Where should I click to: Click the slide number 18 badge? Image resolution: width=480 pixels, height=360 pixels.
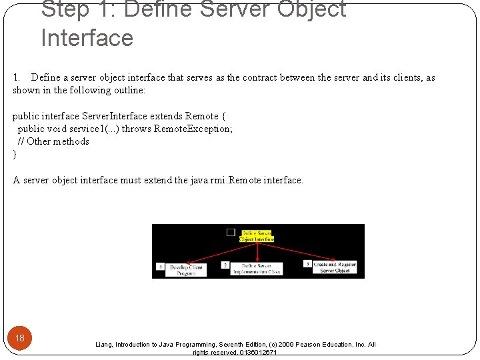[20, 338]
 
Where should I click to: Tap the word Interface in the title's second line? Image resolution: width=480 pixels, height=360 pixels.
[87, 37]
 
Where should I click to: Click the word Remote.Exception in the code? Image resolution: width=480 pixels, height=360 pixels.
[193, 129]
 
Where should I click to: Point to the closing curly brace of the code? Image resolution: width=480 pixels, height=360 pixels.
[15, 154]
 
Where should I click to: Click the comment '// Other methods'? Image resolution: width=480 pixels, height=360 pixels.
[53, 141]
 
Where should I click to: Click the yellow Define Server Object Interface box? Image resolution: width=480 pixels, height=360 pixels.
[257, 236]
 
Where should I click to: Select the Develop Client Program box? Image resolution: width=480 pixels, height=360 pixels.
[186, 269]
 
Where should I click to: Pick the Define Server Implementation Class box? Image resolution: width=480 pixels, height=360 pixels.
[257, 269]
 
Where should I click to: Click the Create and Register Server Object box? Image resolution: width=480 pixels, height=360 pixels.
[335, 267]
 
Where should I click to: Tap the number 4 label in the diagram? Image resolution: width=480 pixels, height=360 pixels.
[160, 266]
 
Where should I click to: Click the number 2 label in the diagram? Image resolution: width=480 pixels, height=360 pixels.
[225, 265]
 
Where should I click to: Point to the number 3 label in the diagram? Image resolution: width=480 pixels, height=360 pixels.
[307, 263]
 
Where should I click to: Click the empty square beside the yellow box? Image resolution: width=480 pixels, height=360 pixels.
[231, 232]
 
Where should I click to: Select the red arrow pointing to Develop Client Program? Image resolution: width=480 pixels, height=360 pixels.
[213, 252]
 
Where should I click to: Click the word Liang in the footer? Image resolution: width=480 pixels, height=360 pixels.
[104, 345]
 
